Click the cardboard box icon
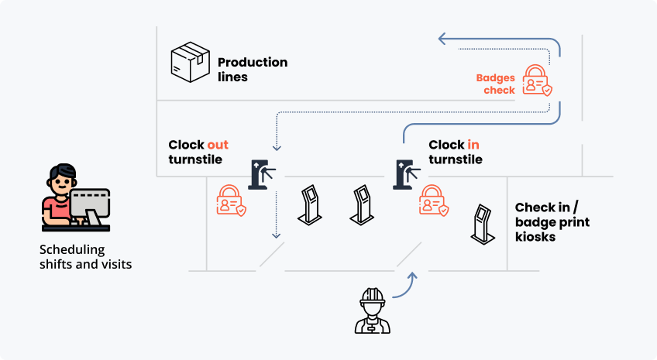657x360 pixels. point(190,62)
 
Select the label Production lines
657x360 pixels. point(252,69)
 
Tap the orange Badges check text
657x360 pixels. point(496,84)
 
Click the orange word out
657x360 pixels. point(218,145)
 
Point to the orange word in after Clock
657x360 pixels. point(473,145)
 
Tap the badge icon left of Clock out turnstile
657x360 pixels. point(231,201)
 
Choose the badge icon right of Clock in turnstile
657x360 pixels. point(433,201)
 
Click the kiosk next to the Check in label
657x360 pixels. point(483,224)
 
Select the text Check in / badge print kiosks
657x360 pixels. point(552,222)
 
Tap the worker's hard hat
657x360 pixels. point(373,295)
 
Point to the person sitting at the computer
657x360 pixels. point(62,194)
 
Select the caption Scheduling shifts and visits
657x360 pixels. point(85,257)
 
